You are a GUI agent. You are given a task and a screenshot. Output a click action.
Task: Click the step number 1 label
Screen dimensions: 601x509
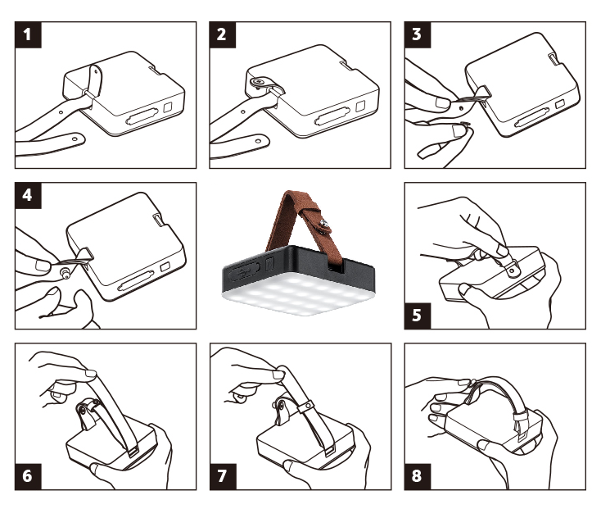(x=28, y=34)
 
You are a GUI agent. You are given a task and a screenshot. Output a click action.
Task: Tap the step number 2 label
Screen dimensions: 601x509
(x=223, y=34)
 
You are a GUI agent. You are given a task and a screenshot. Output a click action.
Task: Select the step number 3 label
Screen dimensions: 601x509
(x=418, y=34)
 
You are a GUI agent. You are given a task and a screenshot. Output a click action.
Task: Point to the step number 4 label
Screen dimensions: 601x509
(x=28, y=196)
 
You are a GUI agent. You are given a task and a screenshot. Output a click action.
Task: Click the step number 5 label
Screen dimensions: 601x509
(x=418, y=316)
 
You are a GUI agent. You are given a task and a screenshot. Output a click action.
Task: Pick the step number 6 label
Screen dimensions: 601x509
(x=28, y=476)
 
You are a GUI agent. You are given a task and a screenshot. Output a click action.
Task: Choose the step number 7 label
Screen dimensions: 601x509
(x=223, y=476)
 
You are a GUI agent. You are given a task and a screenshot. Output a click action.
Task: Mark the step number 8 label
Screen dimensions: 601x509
(x=418, y=476)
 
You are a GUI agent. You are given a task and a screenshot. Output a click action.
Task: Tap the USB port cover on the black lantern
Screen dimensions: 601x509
(x=244, y=272)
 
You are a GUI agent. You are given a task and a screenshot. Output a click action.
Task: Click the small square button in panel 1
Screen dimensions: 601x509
(x=168, y=107)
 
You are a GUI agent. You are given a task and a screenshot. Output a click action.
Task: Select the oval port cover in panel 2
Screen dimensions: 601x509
(x=332, y=116)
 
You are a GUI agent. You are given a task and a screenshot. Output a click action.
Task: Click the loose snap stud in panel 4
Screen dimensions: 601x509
(x=66, y=274)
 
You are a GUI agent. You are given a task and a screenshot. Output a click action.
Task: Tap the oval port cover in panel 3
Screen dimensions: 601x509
(x=531, y=118)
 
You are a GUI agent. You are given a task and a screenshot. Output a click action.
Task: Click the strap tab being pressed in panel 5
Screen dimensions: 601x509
(x=511, y=267)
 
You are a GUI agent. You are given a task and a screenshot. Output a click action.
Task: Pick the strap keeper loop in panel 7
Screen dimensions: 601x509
(x=305, y=407)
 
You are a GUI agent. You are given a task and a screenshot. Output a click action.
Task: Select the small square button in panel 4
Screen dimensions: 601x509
(x=165, y=267)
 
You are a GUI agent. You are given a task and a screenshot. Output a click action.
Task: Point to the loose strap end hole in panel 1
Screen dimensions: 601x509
(x=75, y=138)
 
